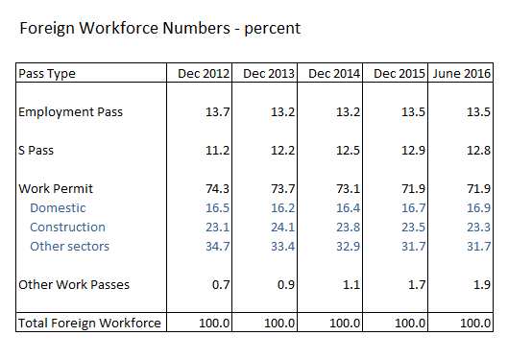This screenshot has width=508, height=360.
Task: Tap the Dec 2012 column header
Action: click(200, 73)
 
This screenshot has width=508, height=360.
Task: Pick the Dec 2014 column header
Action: click(332, 73)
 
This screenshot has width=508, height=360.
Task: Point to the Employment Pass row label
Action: click(71, 111)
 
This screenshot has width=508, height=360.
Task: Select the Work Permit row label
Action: click(56, 188)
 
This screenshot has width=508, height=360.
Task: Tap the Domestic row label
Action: click(58, 207)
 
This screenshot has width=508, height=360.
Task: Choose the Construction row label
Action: click(67, 227)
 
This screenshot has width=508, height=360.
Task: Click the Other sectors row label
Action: click(69, 246)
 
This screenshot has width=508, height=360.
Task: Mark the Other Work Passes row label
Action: click(74, 284)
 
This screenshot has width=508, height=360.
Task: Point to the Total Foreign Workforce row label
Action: click(89, 324)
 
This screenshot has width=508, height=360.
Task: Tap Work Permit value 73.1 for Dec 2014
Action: click(349, 188)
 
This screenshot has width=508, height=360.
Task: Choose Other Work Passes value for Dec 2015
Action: click(414, 284)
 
